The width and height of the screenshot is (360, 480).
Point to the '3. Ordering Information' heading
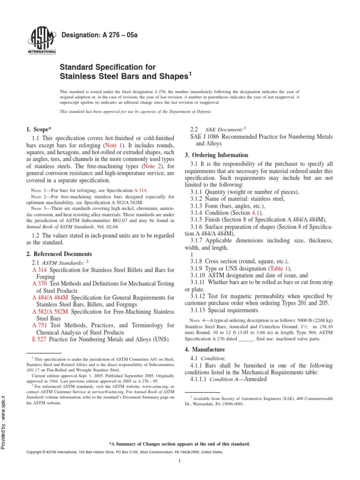(217, 155)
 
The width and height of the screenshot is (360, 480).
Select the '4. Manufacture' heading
(204, 349)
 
